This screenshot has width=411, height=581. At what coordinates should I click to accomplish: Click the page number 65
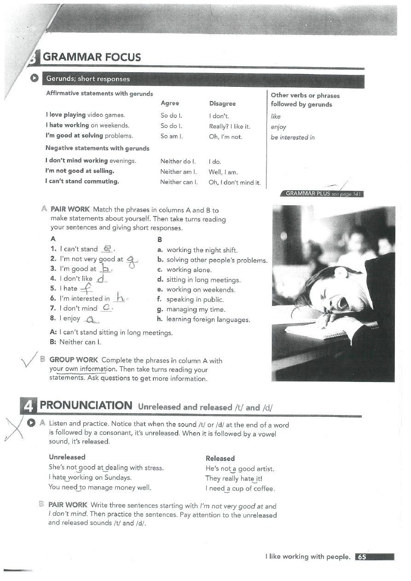click(x=362, y=557)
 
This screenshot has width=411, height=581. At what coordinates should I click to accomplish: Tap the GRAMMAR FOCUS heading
click(x=92, y=57)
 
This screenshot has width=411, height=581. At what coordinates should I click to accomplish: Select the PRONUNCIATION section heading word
click(x=86, y=405)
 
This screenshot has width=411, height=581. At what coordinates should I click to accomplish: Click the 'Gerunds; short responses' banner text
click(x=87, y=79)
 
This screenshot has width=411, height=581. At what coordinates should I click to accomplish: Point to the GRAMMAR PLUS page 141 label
click(x=321, y=194)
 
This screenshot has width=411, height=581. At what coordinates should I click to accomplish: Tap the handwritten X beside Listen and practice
click(x=15, y=428)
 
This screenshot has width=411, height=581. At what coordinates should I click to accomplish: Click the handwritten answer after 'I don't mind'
click(x=107, y=308)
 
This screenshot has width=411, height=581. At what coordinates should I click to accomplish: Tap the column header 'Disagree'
click(x=222, y=103)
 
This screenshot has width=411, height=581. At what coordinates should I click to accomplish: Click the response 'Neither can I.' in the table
click(x=179, y=182)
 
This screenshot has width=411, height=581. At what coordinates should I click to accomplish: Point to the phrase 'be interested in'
click(x=293, y=137)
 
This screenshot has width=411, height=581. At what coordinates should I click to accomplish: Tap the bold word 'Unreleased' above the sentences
click(x=67, y=457)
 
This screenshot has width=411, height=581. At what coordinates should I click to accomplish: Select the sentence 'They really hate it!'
click(x=234, y=478)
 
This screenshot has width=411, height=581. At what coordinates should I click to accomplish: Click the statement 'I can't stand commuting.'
click(x=82, y=181)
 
